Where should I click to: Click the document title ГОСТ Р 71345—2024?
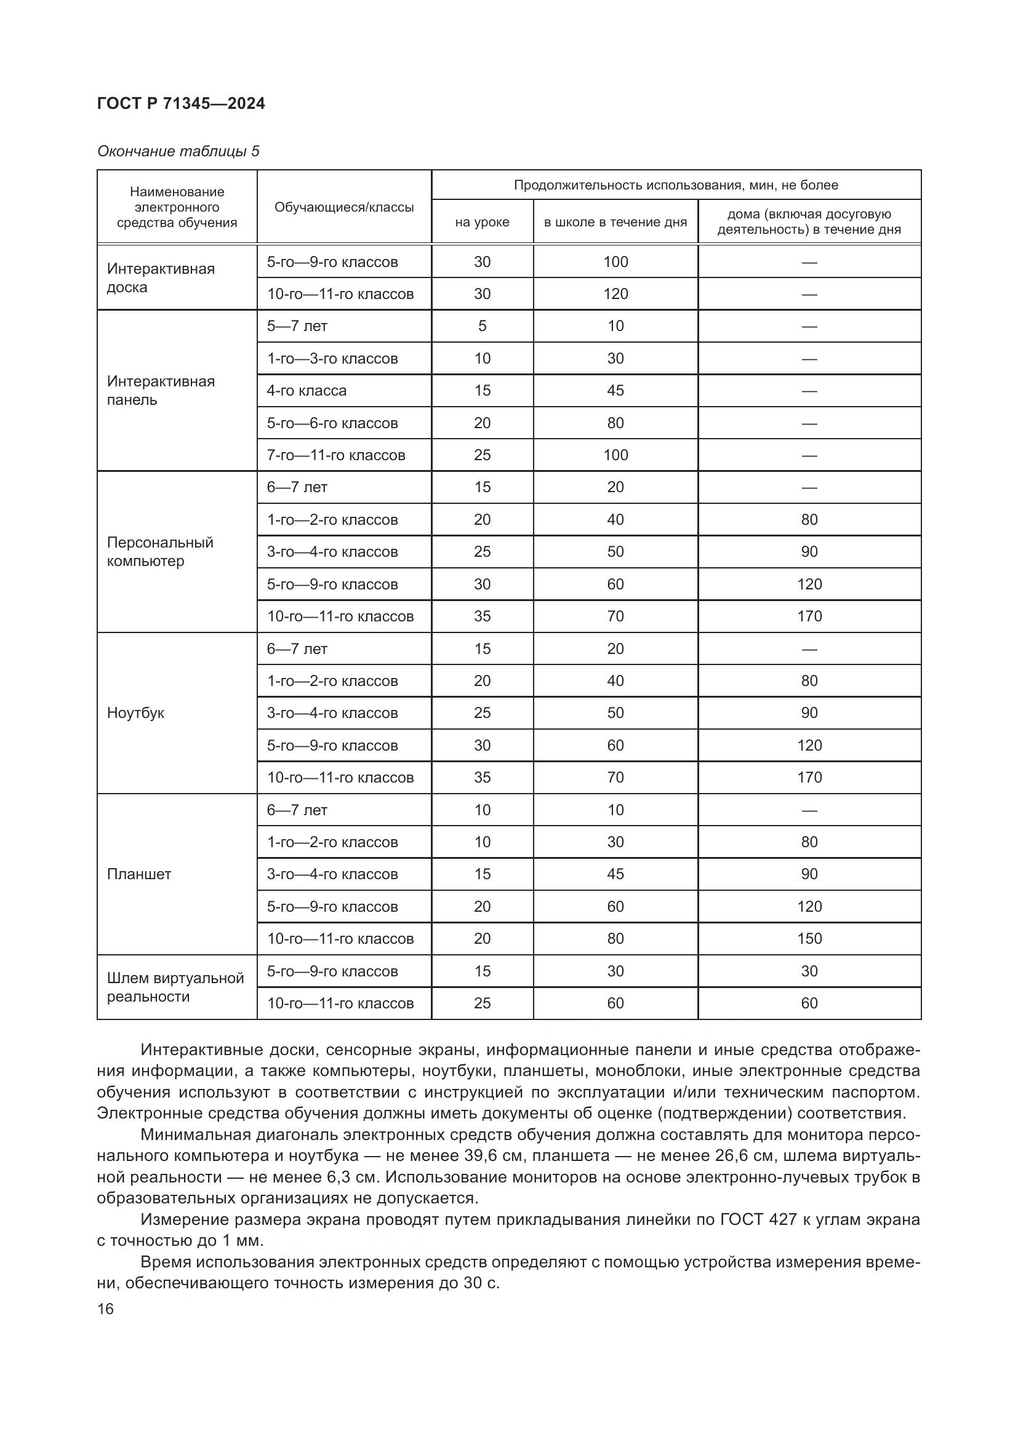pos(181,103)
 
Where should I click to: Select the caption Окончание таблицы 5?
pos(178,151)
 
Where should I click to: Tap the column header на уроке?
pos(482,222)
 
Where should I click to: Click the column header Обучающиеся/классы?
pos(344,207)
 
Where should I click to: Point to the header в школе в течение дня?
pos(615,222)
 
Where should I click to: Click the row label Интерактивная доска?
pos(161,277)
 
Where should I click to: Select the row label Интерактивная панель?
pos(161,391)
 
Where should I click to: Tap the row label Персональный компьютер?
pos(160,551)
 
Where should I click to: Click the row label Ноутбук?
pos(135,712)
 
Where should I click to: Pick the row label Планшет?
pos(138,874)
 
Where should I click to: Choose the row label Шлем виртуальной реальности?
pos(175,987)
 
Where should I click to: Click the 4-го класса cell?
pos(307,391)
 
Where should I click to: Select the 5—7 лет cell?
pos(297,326)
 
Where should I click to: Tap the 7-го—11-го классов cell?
pos(336,455)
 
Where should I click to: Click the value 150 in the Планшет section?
pos(809,938)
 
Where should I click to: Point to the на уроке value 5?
pos(482,326)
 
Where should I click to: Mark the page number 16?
pos(105,1309)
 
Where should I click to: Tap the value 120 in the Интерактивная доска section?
pos(615,294)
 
